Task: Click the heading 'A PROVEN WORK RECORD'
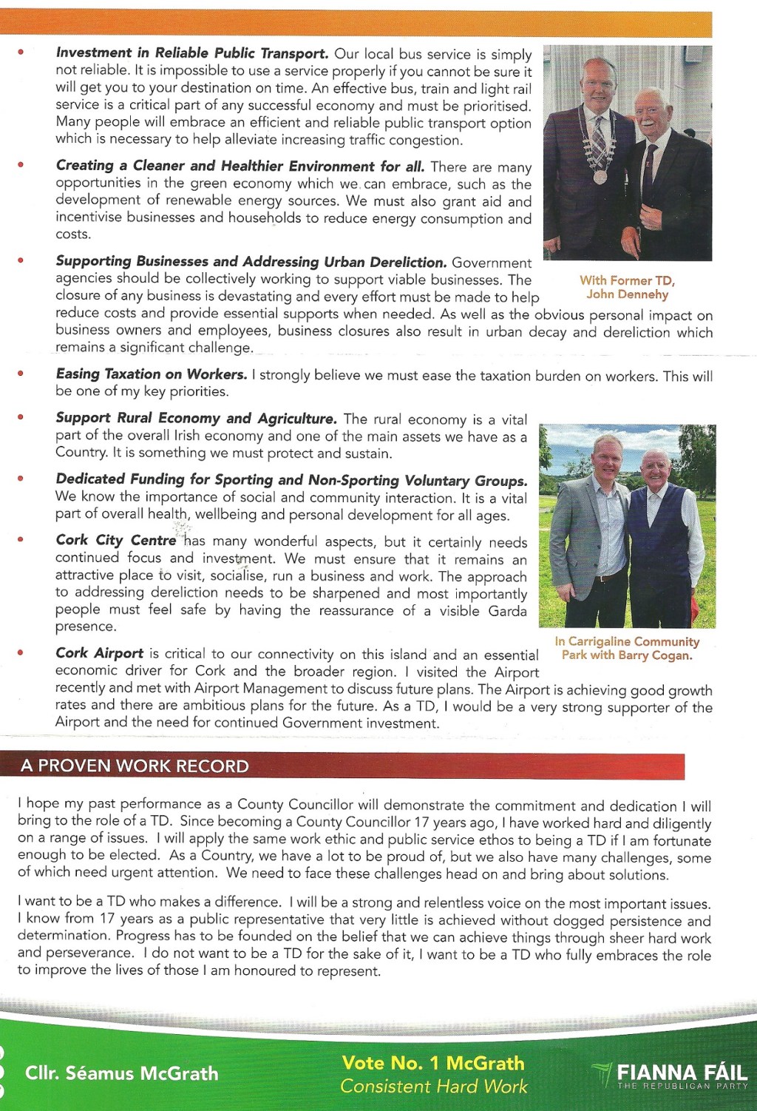[135, 766]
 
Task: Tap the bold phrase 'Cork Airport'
[99, 653]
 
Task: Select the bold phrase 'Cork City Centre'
[116, 540]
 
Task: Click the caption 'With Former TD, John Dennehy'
[627, 288]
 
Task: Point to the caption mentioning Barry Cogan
[627, 648]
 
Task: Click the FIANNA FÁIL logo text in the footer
[681, 1072]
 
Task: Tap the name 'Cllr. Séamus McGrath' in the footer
[121, 1073]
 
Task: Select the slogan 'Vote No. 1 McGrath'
[433, 1063]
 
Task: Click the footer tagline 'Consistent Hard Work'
[434, 1087]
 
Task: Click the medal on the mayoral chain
[600, 177]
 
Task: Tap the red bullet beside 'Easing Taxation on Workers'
[21, 374]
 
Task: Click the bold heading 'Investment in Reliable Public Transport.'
[192, 53]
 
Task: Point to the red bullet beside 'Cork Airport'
[21, 652]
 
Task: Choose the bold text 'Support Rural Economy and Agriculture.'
[196, 419]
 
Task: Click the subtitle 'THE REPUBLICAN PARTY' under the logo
[682, 1087]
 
